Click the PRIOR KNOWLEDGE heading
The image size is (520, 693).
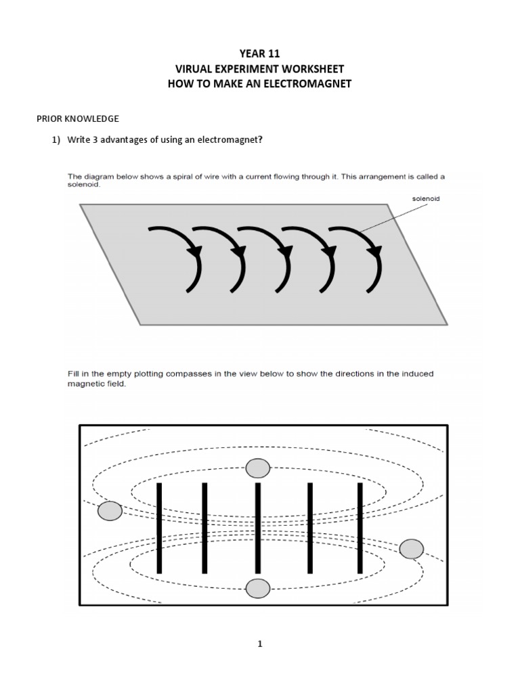coord(77,118)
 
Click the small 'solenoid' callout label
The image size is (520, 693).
coord(425,198)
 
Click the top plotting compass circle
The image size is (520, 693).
coord(257,468)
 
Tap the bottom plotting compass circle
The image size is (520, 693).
coord(257,589)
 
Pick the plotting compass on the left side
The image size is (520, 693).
coord(110,511)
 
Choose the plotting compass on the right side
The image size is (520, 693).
coord(411,549)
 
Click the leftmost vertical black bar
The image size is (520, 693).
coord(160,528)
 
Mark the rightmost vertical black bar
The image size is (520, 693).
coord(360,528)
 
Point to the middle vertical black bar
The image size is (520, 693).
coord(258,528)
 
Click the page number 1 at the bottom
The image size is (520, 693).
coord(259,644)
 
